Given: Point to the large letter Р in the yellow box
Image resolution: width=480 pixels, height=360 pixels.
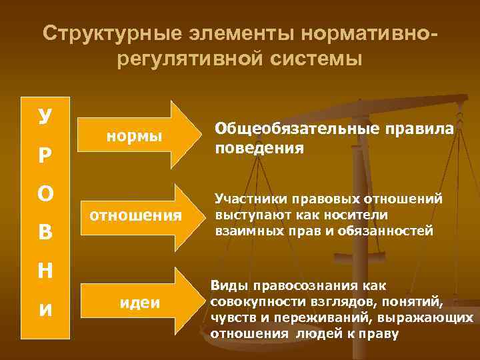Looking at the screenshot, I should click(43, 155).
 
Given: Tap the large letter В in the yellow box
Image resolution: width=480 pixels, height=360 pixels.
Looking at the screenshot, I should click(43, 233).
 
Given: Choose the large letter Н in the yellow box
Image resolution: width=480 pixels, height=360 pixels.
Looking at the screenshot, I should click(43, 271).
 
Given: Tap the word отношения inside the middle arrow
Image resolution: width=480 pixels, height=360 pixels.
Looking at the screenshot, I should click(135, 215).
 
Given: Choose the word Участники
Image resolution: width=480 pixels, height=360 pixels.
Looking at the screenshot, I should click(247, 199).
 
